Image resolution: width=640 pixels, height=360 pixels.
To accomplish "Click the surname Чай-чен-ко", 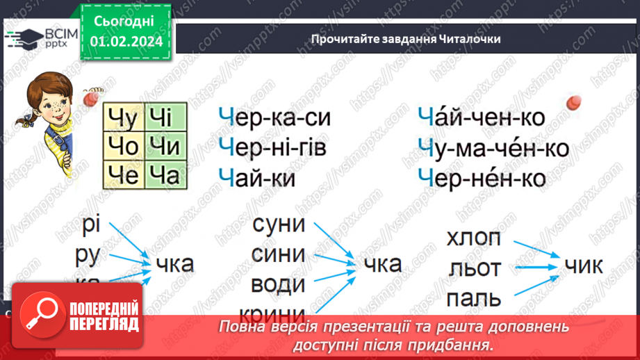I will (x=482, y=117).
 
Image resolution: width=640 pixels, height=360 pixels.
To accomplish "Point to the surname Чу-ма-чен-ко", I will (x=493, y=147).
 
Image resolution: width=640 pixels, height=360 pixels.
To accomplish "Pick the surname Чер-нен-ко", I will (x=482, y=177).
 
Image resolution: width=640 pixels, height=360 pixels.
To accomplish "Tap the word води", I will (x=278, y=284).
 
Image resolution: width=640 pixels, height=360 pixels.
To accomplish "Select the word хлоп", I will (x=473, y=238).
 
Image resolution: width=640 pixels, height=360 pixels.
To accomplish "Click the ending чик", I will (x=584, y=265).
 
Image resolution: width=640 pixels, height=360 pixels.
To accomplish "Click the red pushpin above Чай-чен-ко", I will (x=573, y=104).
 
